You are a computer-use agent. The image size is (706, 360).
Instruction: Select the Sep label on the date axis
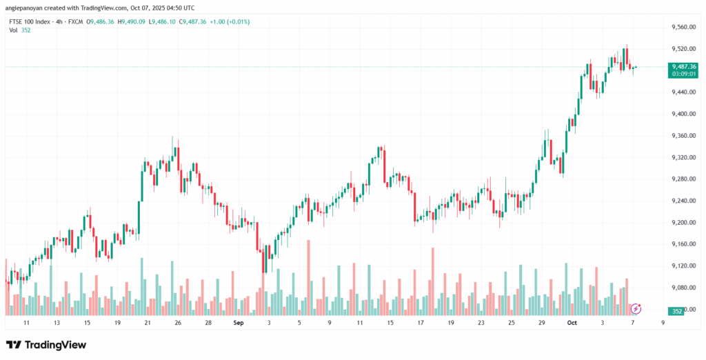tap(239, 322)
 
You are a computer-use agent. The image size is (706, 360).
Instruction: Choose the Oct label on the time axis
tap(572, 322)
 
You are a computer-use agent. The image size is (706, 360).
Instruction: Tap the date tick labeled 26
tap(178, 322)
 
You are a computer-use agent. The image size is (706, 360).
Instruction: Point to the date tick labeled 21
tap(147, 322)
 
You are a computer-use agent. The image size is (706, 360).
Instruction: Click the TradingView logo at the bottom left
tap(46, 344)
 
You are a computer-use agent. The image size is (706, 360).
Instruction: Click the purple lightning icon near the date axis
tap(636, 308)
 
